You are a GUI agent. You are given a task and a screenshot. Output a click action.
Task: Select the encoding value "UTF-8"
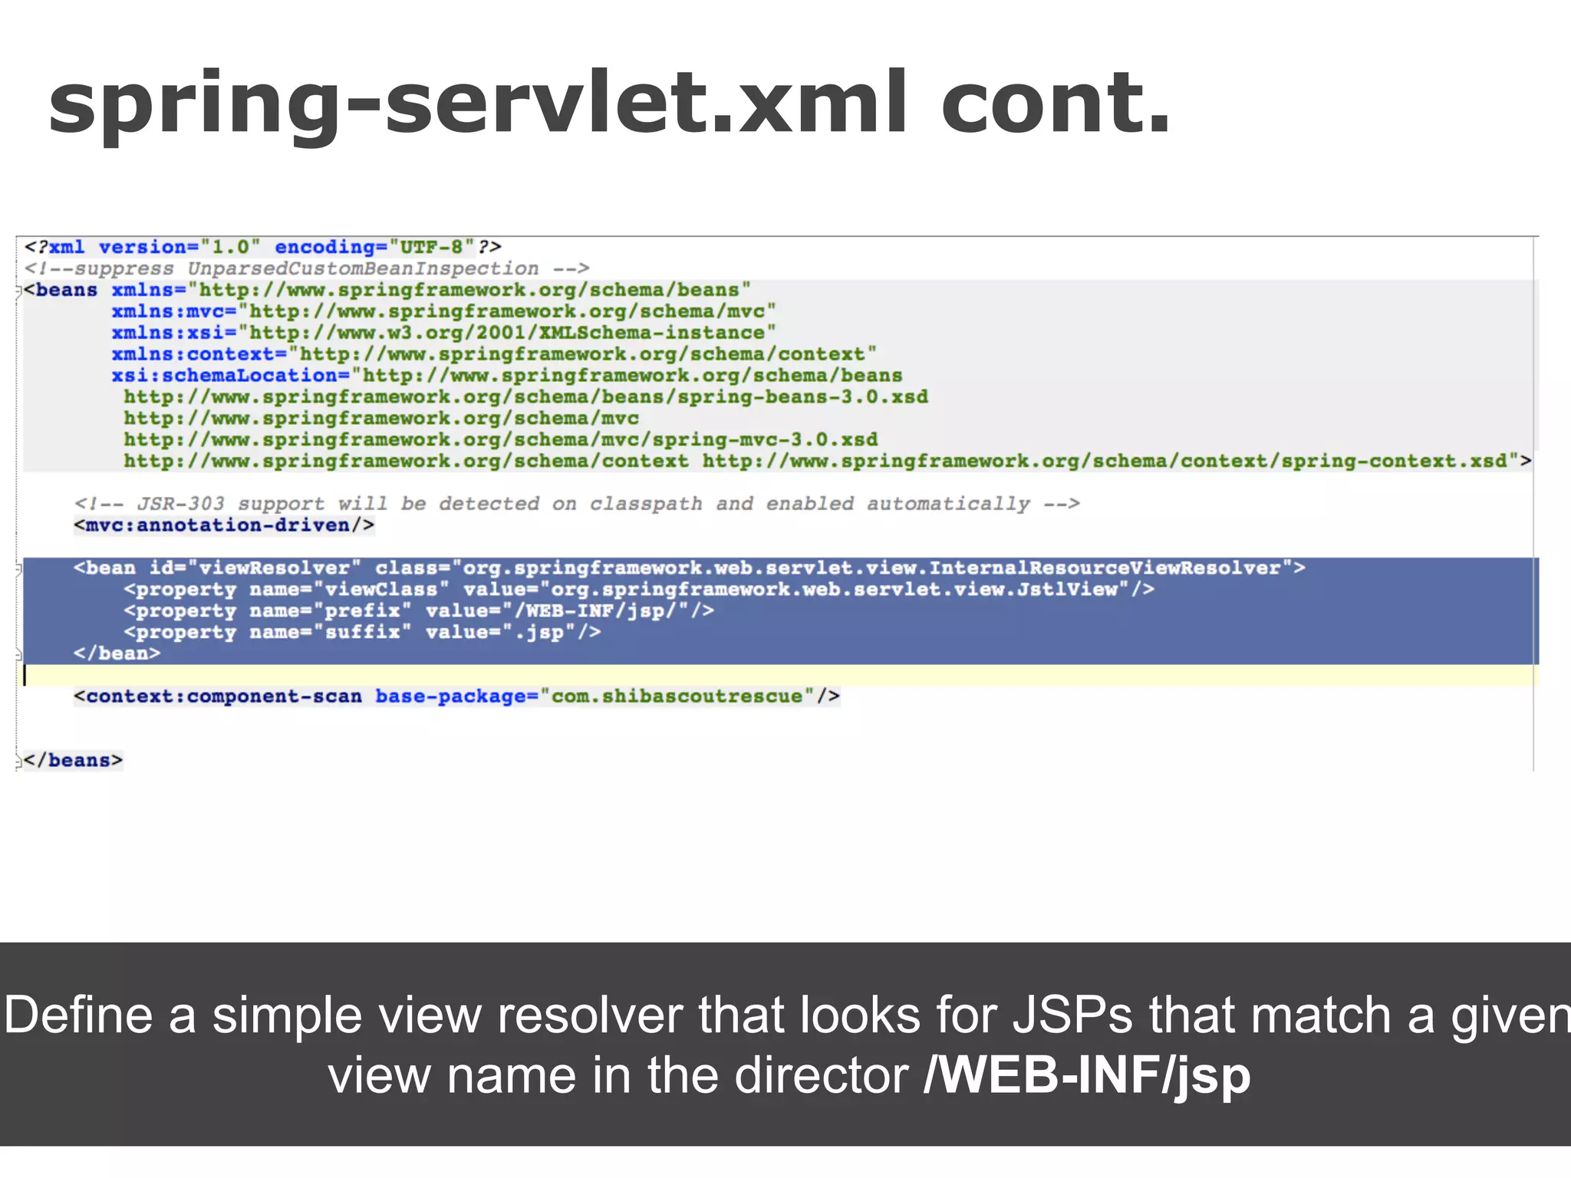[x=432, y=247]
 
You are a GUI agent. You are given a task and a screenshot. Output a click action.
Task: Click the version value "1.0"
[x=230, y=247]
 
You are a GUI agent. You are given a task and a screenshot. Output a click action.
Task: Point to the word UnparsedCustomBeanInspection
[x=363, y=268]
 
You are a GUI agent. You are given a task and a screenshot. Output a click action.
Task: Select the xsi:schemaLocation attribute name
[x=225, y=376]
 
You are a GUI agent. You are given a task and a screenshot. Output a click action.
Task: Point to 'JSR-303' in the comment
[x=181, y=504]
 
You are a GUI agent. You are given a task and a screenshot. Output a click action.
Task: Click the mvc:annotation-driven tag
[x=224, y=525]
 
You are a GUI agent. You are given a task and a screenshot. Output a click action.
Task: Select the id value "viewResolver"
[x=274, y=568]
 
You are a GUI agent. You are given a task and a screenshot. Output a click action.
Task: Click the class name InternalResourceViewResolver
[x=1105, y=568]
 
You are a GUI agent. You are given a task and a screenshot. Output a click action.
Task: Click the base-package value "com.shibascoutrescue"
[x=677, y=696]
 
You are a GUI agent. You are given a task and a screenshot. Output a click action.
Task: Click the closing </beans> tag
[x=73, y=761]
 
